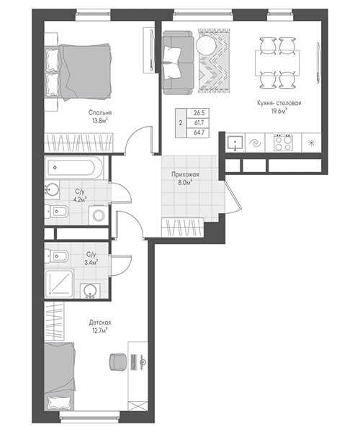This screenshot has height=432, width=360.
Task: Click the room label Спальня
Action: click(x=100, y=113)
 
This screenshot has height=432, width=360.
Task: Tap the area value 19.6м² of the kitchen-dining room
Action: click(x=279, y=111)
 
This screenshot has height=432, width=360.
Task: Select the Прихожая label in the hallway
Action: click(x=185, y=174)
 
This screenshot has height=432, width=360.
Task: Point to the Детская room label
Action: click(x=100, y=323)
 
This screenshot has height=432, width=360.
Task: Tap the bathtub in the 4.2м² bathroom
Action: click(x=74, y=167)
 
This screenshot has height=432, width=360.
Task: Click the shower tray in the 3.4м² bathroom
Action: click(x=59, y=284)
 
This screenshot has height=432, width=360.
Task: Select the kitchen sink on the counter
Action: click(x=235, y=143)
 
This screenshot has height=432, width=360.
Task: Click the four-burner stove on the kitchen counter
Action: click(x=283, y=143)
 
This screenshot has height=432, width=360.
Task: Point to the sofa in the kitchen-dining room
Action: click(x=178, y=62)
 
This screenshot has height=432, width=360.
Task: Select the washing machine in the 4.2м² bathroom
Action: click(x=99, y=215)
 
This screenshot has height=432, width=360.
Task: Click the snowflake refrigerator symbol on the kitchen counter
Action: click(x=312, y=143)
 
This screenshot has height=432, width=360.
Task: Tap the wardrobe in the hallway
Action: click(x=182, y=228)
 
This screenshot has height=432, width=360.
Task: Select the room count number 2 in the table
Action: click(x=181, y=123)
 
